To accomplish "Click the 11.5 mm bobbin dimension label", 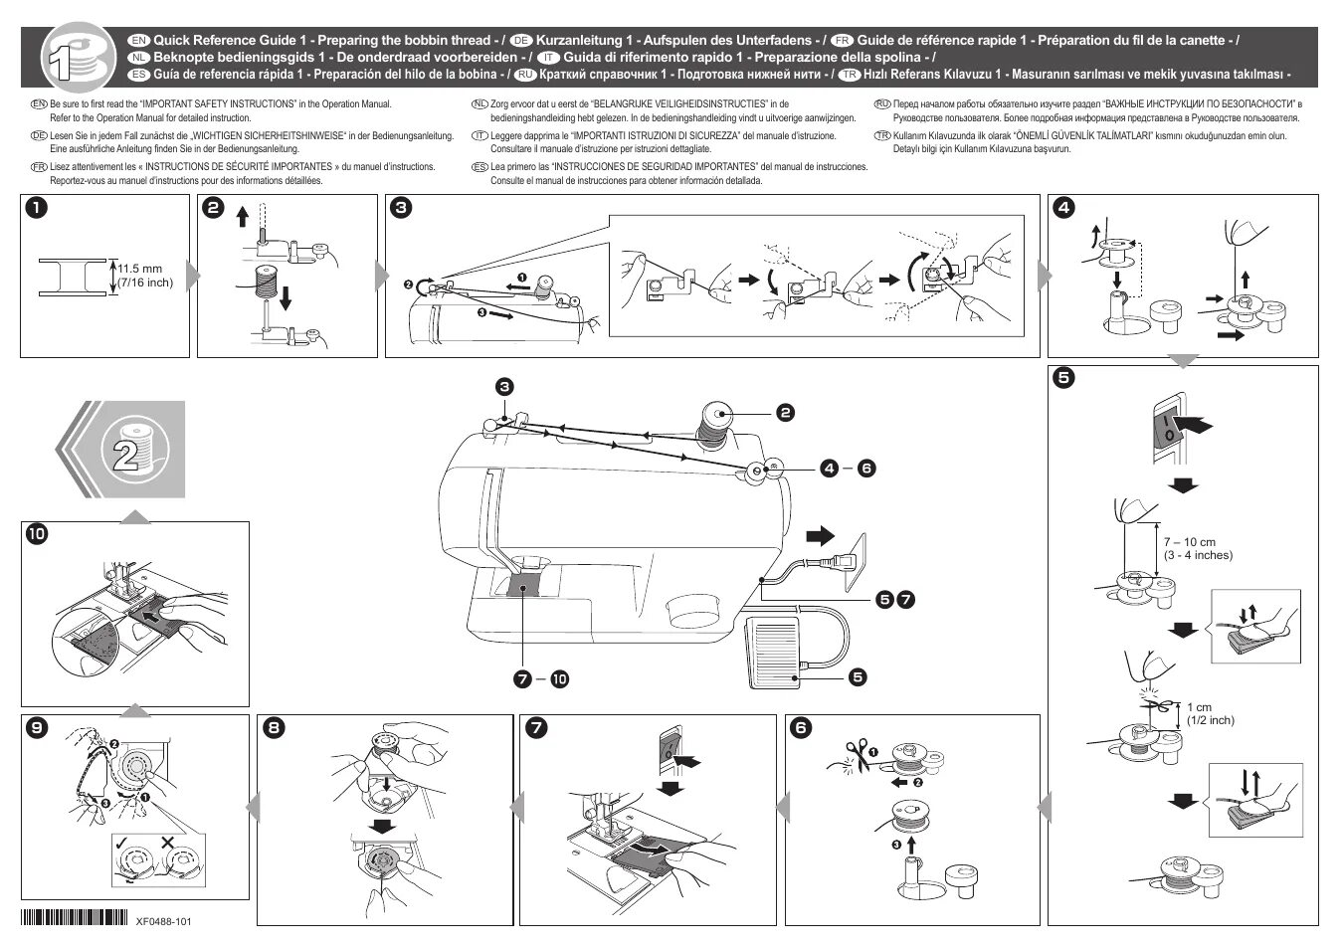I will pyautogui.click(x=144, y=276).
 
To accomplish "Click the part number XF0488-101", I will pyautogui.click(x=163, y=921).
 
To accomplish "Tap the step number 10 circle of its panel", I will pyautogui.click(x=36, y=534).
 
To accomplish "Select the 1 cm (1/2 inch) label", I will pyautogui.click(x=1210, y=714).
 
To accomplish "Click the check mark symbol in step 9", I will pyautogui.click(x=120, y=843).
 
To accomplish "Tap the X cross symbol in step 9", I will pyautogui.click(x=166, y=843).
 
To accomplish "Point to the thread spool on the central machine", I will pyautogui.click(x=715, y=421).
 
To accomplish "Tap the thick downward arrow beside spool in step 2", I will pyautogui.click(x=286, y=296).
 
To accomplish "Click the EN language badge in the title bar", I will pyautogui.click(x=139, y=41).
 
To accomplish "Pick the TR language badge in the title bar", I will pyautogui.click(x=849, y=75).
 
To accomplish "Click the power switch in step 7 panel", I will pyautogui.click(x=669, y=748).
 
